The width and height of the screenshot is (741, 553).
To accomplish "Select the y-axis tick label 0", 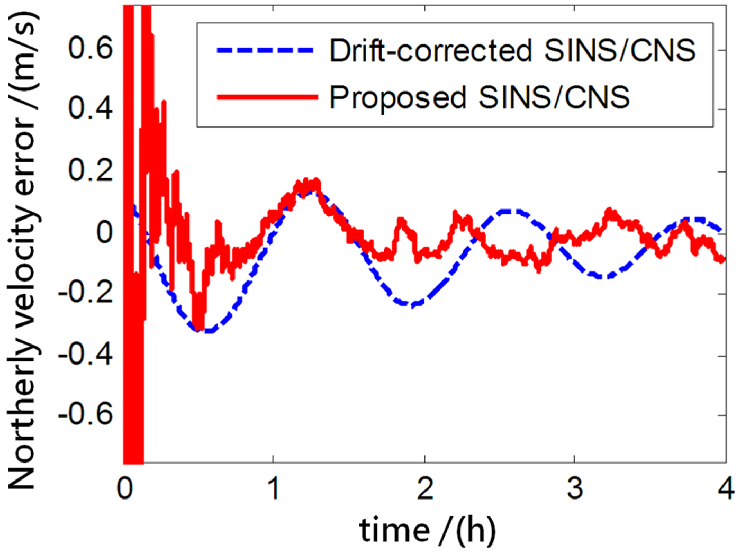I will pos(104,232).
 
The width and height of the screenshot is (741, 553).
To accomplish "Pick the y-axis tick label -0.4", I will pos(85,354).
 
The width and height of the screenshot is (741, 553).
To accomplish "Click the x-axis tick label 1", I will pos(273,488).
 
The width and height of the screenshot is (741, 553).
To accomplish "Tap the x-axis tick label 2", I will pos(424,488).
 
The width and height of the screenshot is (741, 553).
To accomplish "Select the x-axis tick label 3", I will pos(575,488).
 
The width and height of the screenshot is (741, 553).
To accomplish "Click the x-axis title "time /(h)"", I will pos(427,530).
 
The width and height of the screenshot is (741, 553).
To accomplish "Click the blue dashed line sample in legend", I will pos(266,51).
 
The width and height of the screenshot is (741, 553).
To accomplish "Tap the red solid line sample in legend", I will pos(266,97).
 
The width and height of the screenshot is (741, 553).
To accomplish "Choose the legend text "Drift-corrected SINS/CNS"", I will pos(512,51).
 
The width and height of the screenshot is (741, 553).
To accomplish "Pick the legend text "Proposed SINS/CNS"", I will pos(479,97).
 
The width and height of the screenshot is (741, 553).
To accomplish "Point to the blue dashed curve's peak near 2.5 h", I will pos(511,211).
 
